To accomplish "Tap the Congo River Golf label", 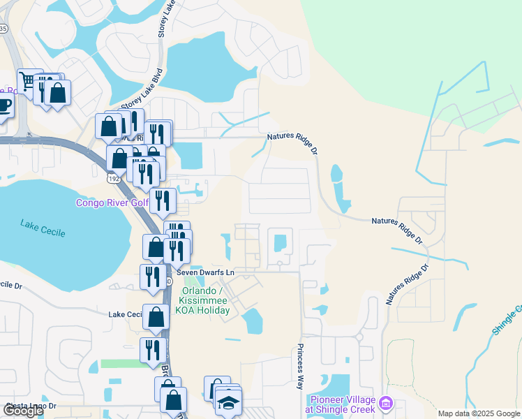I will [112, 203].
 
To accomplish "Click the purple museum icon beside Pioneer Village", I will [389, 404].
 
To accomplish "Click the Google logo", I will [23, 411].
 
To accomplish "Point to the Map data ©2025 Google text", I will [479, 413].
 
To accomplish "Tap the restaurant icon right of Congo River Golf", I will [162, 201].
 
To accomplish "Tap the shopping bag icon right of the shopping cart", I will [57, 93].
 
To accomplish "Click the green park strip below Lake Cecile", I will [119, 363].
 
